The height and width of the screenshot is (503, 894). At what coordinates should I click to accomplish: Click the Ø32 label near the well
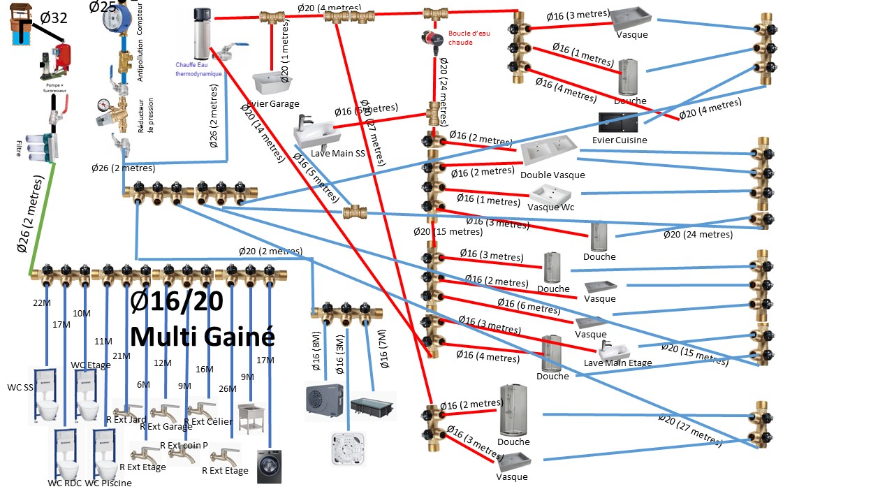pos(53,18)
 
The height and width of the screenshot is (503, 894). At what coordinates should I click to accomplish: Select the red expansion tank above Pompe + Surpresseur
pos(64,56)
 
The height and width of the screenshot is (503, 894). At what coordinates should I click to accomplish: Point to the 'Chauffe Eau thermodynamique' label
pos(198,69)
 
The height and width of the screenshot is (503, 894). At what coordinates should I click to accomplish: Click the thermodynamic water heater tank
pos(202,34)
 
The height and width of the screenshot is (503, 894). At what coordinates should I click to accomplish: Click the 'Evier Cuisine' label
pos(620,140)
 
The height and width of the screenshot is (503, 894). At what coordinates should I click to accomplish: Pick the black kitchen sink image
pos(619,122)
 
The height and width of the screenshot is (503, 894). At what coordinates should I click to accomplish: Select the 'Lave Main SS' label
pos(338,153)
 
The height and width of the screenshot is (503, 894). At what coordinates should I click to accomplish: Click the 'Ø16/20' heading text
pos(177,300)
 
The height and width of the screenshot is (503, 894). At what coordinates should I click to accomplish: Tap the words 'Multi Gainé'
pos(202,336)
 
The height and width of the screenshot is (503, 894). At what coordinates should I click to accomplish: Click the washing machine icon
pos(269,466)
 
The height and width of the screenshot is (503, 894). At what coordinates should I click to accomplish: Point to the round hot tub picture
pos(350,449)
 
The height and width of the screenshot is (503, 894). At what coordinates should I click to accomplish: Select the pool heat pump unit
pos(324,398)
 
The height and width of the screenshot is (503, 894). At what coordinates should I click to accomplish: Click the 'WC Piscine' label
pos(108,483)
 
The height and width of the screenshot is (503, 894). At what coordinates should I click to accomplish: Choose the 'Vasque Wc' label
pos(551,207)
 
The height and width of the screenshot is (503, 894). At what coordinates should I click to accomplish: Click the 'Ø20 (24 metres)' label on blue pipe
pos(698,234)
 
